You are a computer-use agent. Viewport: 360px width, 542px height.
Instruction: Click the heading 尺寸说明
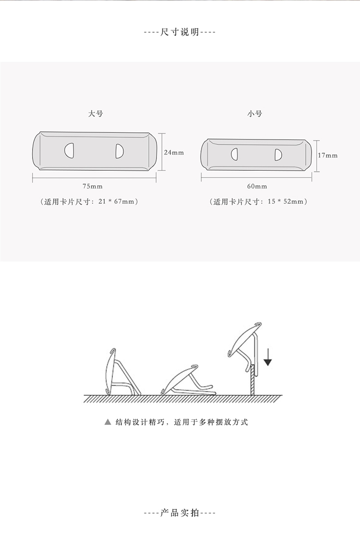180,33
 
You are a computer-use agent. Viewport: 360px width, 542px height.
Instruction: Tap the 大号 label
96,114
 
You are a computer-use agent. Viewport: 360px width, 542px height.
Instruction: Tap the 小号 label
255,114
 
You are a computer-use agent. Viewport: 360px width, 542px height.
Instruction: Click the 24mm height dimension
174,153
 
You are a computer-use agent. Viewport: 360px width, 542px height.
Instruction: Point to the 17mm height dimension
328,155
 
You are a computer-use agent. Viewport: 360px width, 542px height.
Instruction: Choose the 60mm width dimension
257,186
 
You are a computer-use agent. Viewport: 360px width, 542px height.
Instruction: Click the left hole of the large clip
69,151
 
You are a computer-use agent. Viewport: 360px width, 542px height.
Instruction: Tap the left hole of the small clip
235,154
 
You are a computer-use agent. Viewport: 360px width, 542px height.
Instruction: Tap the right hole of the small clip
277,154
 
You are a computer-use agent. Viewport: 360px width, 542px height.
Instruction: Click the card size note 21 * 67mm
90,201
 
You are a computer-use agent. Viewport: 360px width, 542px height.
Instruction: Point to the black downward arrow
268,357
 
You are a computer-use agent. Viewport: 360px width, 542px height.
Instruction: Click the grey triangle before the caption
108,423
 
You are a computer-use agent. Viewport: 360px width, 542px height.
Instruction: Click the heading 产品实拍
180,513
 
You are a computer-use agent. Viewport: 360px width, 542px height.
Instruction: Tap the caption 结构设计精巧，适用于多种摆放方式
182,423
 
